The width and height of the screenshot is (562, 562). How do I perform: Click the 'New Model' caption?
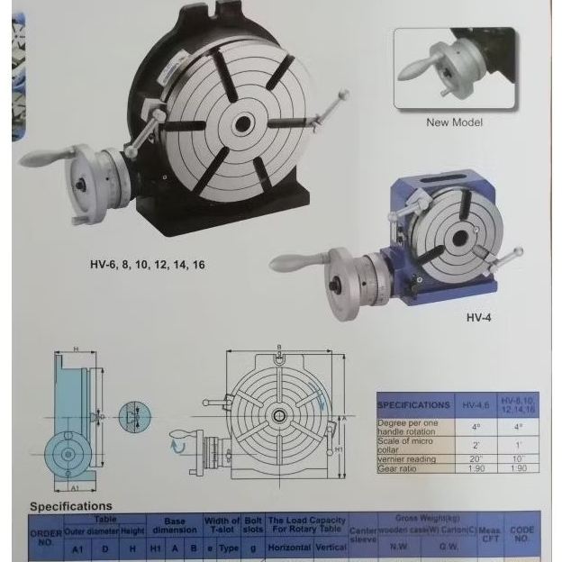454,122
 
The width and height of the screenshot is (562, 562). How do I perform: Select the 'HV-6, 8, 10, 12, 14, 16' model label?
148,265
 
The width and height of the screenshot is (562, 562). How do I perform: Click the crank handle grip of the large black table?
41,159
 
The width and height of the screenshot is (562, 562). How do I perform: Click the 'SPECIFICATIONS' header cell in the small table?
414,405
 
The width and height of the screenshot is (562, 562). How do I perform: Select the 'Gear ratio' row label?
399,469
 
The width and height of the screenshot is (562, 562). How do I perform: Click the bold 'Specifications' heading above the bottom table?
71,506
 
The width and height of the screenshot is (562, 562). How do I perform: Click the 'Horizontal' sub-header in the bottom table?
289,547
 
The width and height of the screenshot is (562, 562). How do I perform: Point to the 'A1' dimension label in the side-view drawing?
74,486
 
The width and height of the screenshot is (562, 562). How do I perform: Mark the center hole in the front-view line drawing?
280,415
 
